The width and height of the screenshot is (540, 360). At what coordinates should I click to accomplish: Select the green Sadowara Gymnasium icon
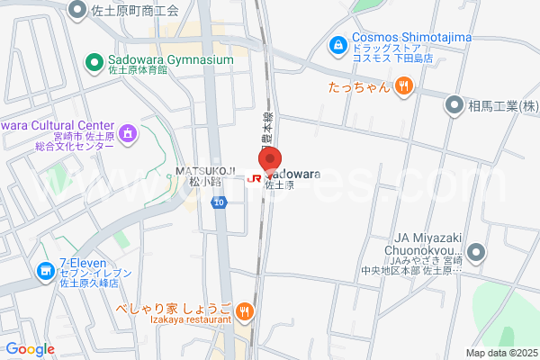93,61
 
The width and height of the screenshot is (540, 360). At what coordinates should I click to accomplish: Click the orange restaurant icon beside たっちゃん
403,86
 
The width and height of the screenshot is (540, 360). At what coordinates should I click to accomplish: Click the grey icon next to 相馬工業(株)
455,105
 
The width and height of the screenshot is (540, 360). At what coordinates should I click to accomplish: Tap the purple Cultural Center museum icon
128,134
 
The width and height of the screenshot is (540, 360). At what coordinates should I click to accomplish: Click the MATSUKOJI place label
205,170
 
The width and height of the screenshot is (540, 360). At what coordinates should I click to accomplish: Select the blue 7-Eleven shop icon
46,270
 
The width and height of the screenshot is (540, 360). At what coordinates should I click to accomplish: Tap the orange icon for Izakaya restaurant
245,310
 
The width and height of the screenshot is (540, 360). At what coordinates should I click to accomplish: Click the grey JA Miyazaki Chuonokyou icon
475,251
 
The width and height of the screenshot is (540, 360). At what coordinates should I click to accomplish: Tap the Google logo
30,348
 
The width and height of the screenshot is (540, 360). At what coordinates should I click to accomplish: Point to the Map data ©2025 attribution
500,353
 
